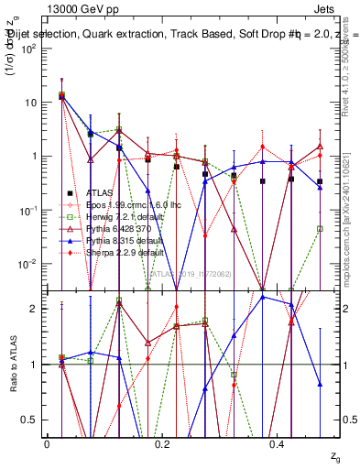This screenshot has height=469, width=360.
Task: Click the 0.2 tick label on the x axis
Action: [162, 443]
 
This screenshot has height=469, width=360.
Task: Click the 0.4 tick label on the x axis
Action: [277, 443]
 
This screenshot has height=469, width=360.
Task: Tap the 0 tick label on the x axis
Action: [47, 443]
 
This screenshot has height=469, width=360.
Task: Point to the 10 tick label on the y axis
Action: [33, 103]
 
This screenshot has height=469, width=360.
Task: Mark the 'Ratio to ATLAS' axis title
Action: [14, 365]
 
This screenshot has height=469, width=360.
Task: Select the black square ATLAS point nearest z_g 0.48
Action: [320, 181]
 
